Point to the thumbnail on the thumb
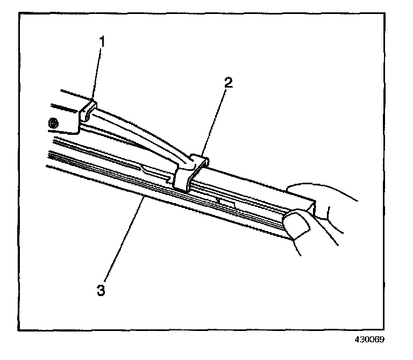coord(295,224)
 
